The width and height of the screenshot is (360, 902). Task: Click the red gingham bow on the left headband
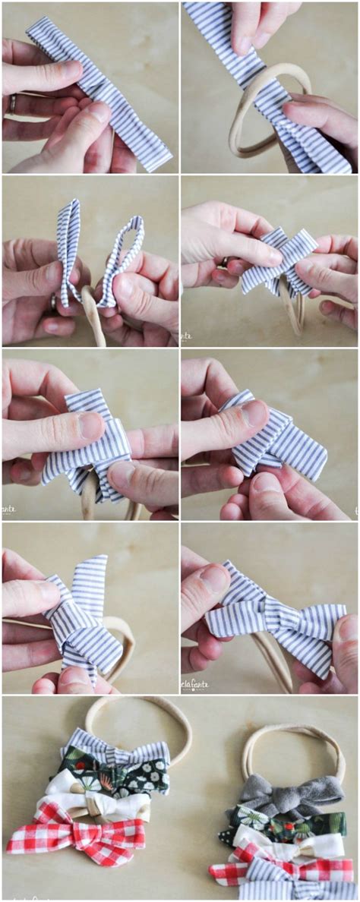(76, 839)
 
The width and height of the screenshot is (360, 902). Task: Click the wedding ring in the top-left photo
(11, 104)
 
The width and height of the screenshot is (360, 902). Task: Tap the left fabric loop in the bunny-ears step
(69, 251)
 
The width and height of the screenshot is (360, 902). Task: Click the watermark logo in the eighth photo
(194, 686)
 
